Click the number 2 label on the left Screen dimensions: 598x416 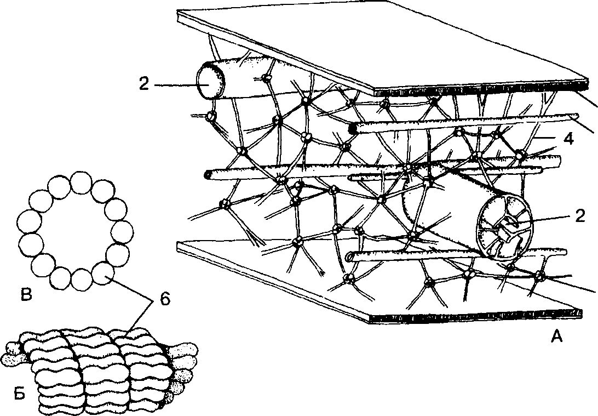tap(144, 84)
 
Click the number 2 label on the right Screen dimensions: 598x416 tap(579, 216)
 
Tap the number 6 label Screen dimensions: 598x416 tap(165, 300)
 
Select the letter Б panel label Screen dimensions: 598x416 tap(20, 393)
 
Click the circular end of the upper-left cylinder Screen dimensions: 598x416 tap(210, 81)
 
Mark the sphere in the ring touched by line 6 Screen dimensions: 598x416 tap(104, 273)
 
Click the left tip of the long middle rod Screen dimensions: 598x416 tap(206, 175)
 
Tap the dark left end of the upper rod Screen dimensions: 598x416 tap(353, 128)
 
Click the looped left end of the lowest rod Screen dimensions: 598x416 tap(348, 258)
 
